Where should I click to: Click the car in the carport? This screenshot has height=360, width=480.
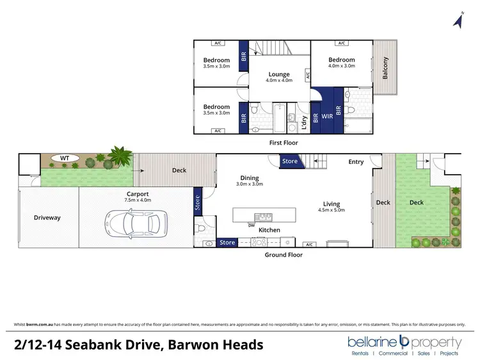(134, 223)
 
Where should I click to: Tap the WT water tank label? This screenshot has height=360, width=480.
(65, 157)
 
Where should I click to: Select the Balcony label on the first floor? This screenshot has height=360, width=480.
(385, 69)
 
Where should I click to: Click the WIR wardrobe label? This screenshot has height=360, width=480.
(327, 117)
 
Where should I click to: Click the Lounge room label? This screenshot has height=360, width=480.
(279, 74)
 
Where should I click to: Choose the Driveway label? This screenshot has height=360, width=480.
(47, 218)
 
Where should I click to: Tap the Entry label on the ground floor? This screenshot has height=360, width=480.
(356, 162)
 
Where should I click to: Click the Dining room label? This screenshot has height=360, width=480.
(250, 177)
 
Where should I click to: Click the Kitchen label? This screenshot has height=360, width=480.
(269, 229)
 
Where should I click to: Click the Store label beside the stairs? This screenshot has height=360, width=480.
(290, 161)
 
